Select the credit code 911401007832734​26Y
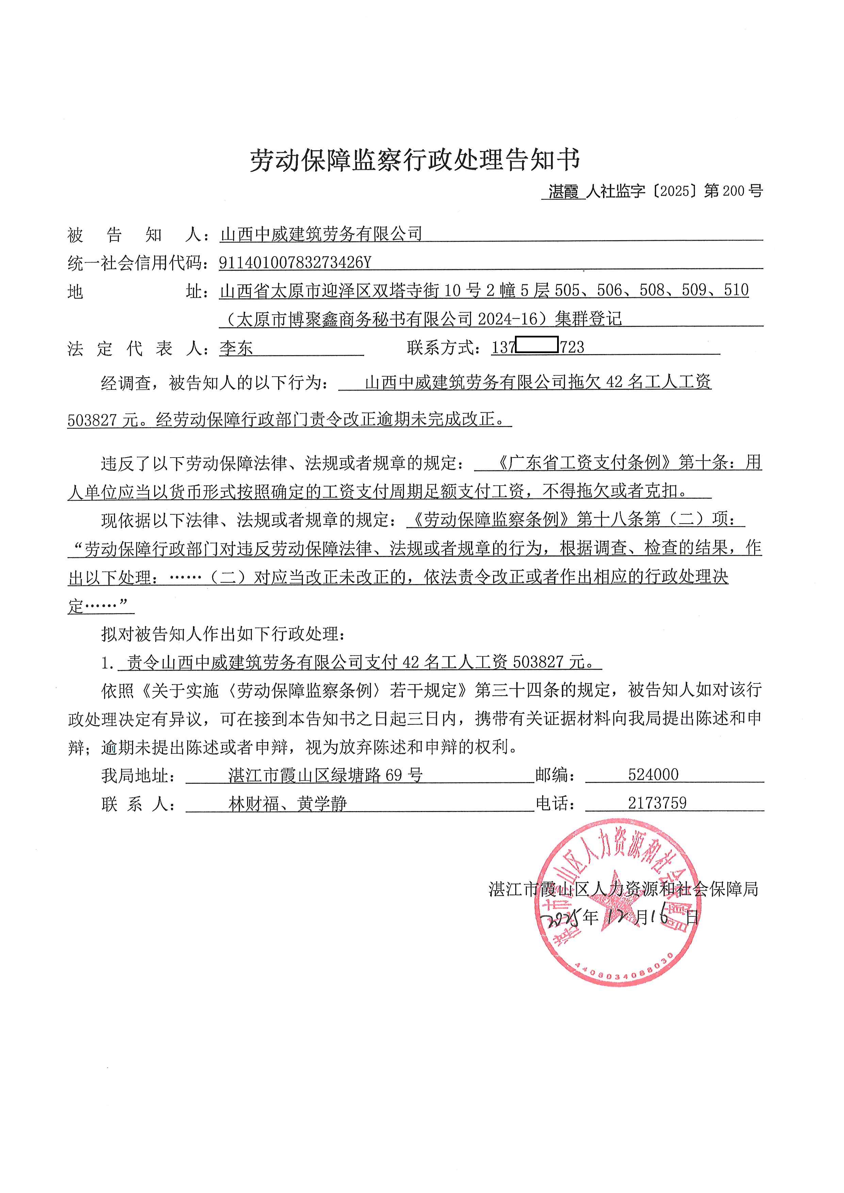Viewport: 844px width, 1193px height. coord(295,263)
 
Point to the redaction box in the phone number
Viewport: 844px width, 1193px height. coord(537,345)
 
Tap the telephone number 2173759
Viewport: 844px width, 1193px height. coord(657,803)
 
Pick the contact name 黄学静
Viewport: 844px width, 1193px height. coord(322,804)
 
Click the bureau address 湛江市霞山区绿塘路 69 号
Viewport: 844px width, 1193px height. coord(325,775)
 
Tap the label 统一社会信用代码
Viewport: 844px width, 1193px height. coord(134,263)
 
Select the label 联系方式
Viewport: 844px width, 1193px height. coord(442,348)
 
